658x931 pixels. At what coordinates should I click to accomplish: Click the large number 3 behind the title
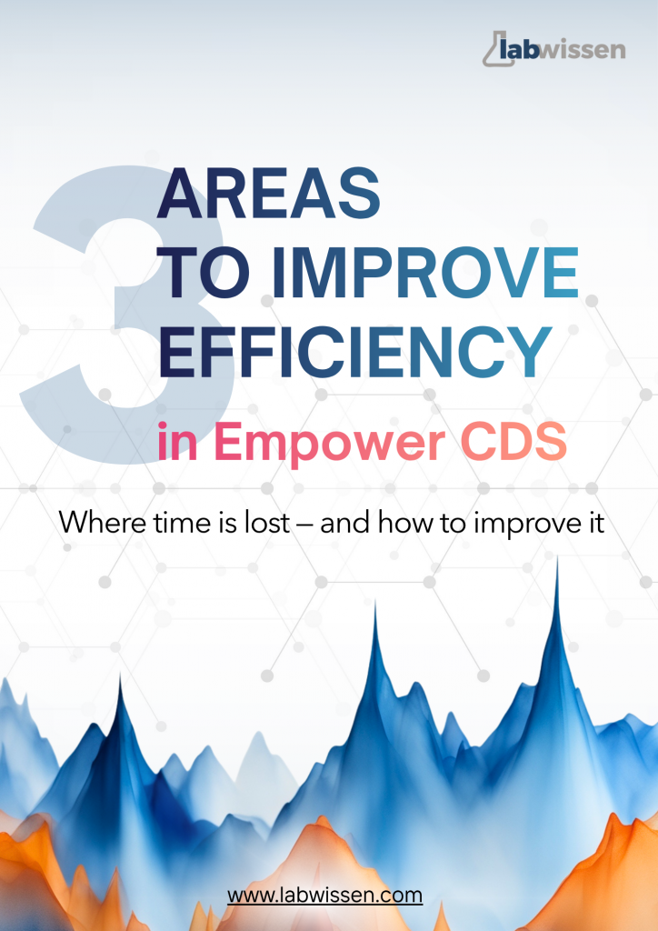(109, 309)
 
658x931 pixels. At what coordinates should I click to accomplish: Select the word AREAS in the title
(269, 194)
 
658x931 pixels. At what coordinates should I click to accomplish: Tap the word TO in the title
(202, 271)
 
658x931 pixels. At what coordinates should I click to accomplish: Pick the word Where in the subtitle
(95, 523)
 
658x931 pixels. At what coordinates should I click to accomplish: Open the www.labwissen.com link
(324, 895)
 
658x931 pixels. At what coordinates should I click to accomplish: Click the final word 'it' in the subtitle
(594, 523)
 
